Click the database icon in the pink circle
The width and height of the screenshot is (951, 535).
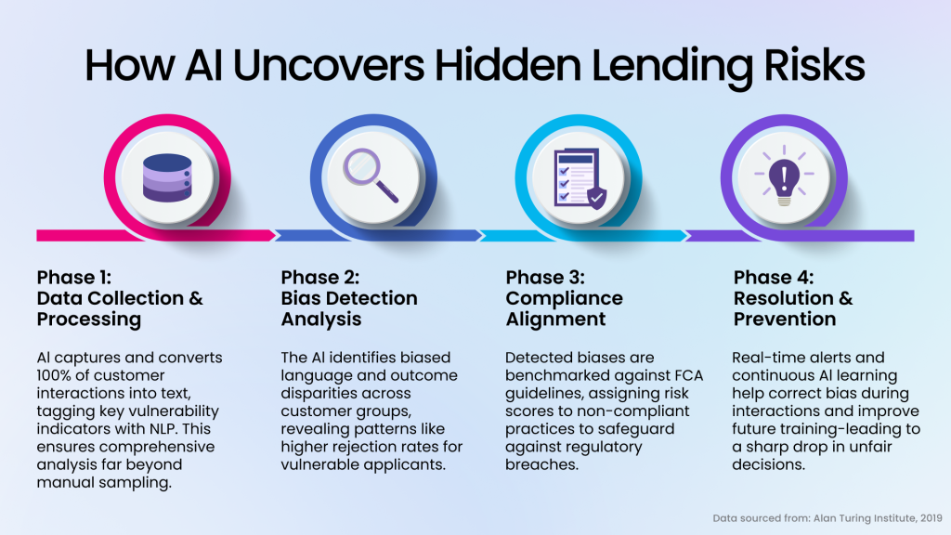point(167,177)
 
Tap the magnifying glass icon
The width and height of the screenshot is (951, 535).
point(371,176)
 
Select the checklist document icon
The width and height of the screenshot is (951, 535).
point(580,177)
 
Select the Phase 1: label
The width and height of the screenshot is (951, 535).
point(74,277)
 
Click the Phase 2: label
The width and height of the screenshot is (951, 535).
point(320,277)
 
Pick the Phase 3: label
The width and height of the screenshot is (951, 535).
point(545,277)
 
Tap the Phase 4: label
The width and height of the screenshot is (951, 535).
point(774,277)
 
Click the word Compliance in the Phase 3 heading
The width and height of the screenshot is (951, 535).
point(564,298)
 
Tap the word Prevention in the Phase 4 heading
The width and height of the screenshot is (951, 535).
point(785,320)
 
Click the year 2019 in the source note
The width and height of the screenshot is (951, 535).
point(931,518)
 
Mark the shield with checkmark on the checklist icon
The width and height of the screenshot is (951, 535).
point(597,198)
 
